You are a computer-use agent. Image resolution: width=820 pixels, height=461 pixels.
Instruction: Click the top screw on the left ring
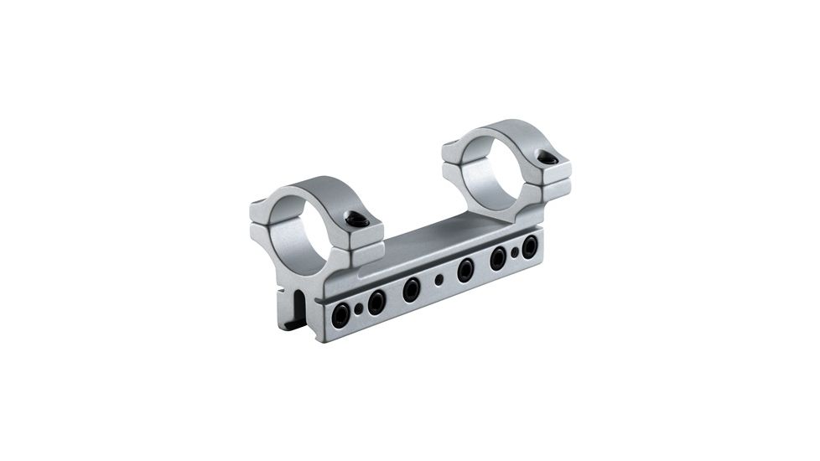pos(358,220)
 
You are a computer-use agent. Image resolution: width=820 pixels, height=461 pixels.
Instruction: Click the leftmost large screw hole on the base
pos(340,314)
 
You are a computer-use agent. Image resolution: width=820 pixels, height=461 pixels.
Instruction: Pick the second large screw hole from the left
pos(376,302)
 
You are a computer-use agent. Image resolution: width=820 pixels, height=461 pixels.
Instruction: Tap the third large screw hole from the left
pos(411,289)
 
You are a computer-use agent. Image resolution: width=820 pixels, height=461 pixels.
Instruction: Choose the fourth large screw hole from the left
pos(465,269)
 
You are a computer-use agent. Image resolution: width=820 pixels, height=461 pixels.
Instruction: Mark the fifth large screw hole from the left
pos(499,257)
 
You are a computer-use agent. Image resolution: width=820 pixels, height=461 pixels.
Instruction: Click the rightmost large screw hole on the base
pos(530,246)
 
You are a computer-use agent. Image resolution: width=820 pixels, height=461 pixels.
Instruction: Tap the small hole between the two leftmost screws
pos(359,309)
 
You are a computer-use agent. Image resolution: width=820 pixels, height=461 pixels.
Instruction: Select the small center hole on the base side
pos(439,280)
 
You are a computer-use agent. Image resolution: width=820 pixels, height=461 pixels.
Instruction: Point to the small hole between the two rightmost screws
pos(515,252)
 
